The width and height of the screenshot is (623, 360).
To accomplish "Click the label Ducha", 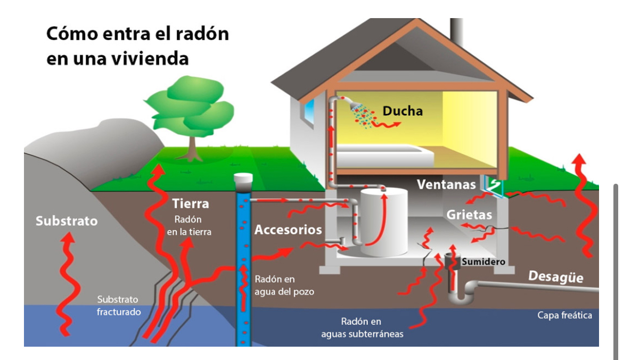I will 403,111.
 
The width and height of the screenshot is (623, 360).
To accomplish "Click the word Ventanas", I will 446,185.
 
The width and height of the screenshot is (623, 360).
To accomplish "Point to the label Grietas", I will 469,215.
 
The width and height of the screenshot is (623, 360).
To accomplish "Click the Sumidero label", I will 483,261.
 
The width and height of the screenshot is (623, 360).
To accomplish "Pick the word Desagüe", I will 555,277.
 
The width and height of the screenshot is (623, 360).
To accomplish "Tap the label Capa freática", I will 564,315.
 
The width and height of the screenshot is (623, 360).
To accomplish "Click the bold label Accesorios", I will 288,230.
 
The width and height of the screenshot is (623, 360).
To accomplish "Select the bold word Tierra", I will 191,203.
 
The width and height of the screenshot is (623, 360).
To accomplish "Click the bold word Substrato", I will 67,220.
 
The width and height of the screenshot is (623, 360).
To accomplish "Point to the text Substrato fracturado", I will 118,305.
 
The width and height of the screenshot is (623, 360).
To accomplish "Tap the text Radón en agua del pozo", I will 284,285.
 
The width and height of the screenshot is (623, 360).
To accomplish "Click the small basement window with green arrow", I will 494,184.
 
